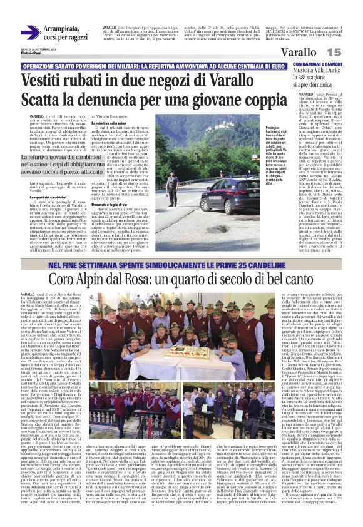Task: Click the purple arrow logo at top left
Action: point(30,33)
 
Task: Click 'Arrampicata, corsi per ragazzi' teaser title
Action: point(69,33)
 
